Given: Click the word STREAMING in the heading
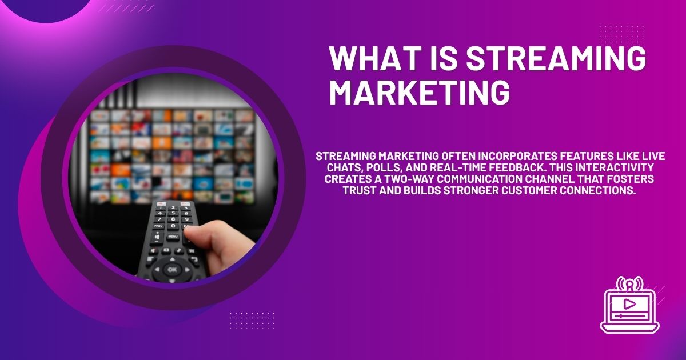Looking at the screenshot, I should coord(557,59).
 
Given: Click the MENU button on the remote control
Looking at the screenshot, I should coord(173,236).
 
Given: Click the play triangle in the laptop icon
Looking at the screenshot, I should coord(629,303).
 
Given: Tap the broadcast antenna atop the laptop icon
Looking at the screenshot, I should coord(629,283).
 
